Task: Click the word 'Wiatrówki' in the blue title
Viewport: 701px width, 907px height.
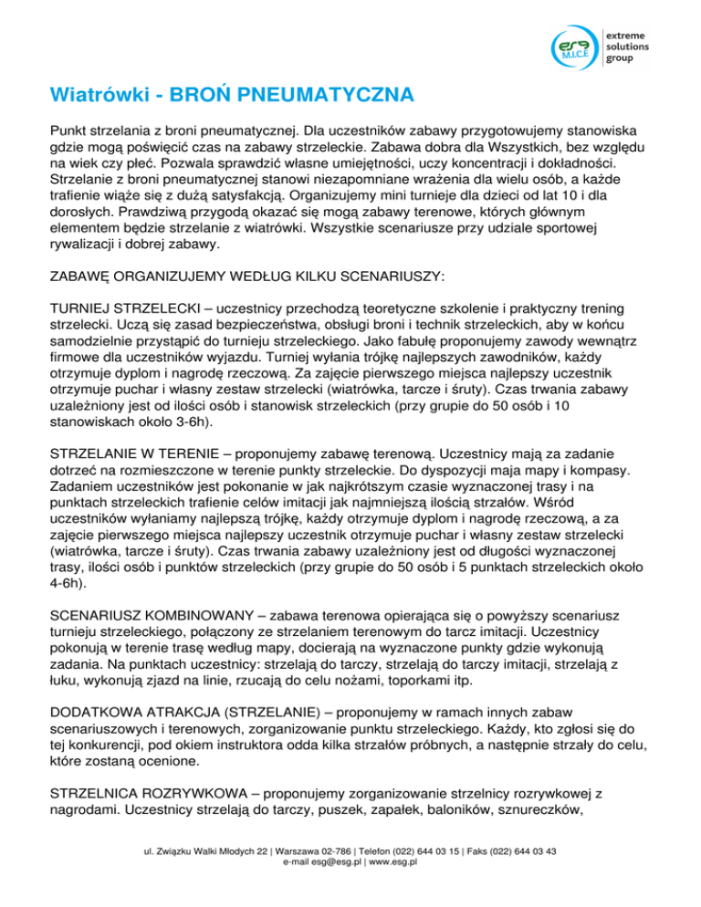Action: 99,94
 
